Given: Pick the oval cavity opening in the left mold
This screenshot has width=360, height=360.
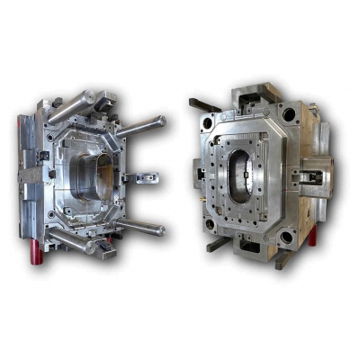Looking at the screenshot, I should pyautogui.click(x=89, y=180).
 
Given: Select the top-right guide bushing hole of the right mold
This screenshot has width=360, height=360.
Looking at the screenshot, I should pyautogui.click(x=288, y=115).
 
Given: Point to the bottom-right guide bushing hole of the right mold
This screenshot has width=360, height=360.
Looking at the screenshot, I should pyautogui.click(x=286, y=237).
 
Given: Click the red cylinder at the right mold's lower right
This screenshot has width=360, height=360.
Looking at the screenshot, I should pyautogui.click(x=312, y=237).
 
